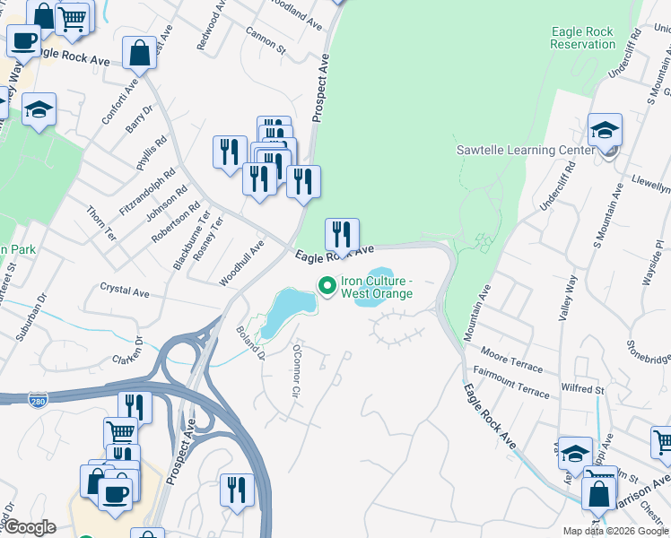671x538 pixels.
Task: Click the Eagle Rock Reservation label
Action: click(582, 38)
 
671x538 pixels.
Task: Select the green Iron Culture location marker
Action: click(327, 286)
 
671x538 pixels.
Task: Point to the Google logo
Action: click(29, 527)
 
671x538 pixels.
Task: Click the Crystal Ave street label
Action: click(125, 291)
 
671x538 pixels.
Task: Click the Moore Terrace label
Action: click(511, 361)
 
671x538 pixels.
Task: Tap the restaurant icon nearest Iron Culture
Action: click(342, 235)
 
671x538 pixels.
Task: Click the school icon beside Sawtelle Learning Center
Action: click(606, 130)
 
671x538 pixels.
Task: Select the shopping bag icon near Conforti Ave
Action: click(140, 53)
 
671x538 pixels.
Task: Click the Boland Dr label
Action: click(250, 342)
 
